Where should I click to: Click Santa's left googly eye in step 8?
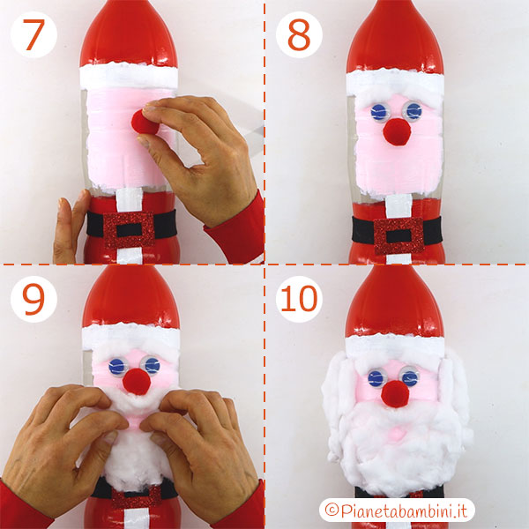click(379, 111)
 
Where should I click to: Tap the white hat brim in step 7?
click(129, 73)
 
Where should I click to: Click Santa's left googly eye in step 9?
click(117, 366)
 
